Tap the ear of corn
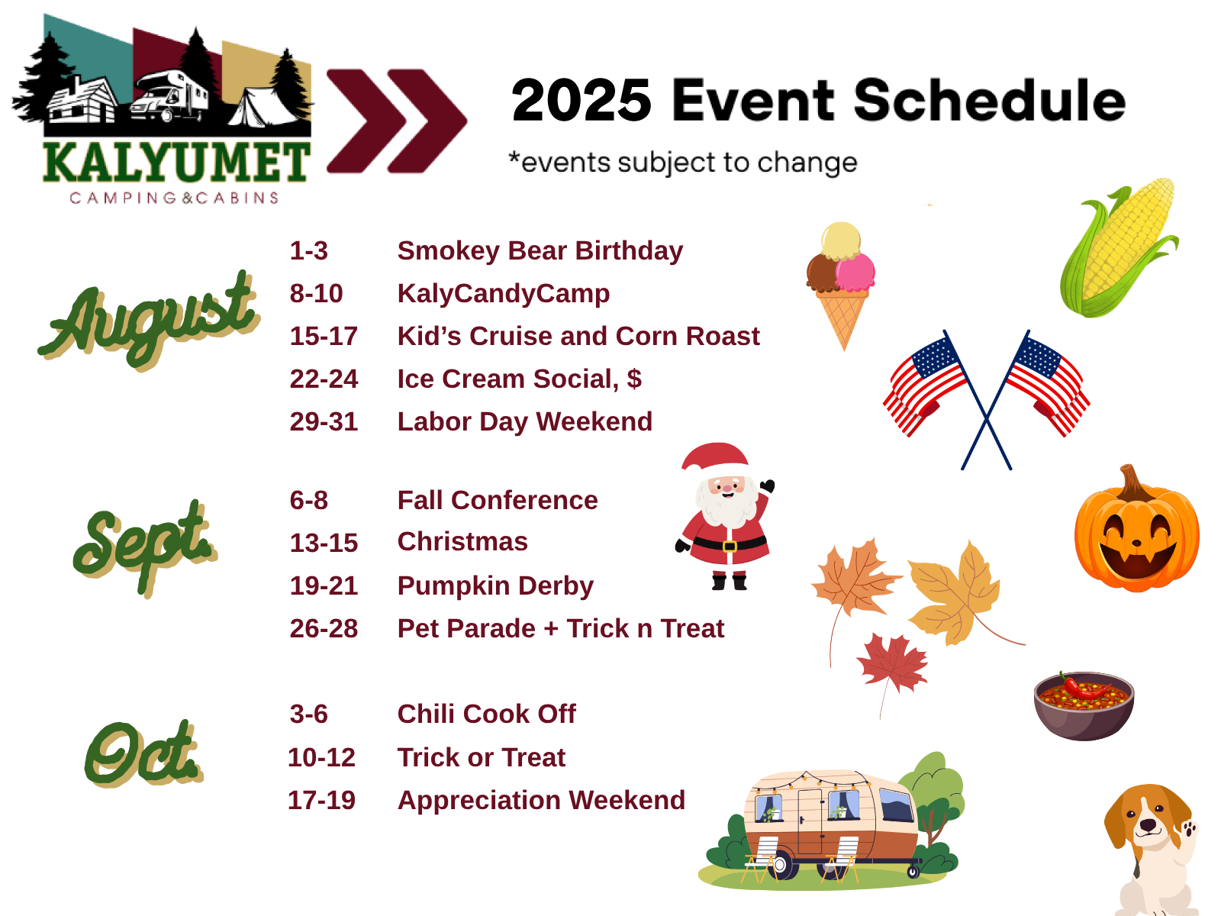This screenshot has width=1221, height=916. (x=1120, y=248)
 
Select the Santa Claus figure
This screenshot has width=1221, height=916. (x=724, y=515)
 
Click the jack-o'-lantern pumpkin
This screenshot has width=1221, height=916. (x=1136, y=530)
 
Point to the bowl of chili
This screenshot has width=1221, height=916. (x=1084, y=706)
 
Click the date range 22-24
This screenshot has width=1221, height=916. (x=324, y=379)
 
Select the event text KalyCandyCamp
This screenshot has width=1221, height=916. (x=504, y=294)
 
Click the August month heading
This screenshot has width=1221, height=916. (x=149, y=321)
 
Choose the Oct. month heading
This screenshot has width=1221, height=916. (x=143, y=753)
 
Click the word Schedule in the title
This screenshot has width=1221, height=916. (x=990, y=100)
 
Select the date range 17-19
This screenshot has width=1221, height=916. (x=321, y=800)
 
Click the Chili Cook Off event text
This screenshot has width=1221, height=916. (x=487, y=714)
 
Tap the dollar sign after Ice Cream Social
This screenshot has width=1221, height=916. (x=634, y=379)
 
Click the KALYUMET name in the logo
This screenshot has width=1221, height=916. (x=176, y=162)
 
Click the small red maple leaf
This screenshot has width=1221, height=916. (x=891, y=665)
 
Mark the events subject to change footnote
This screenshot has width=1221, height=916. (x=683, y=163)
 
